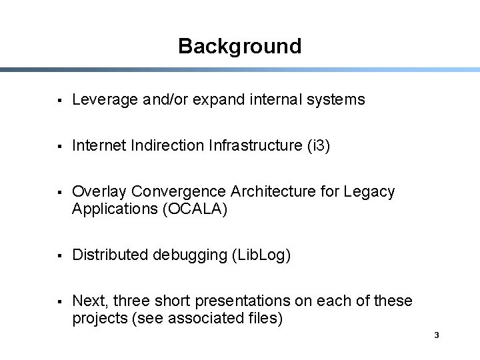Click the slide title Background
tap(239, 46)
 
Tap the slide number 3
tap(436, 335)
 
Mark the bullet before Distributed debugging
tap(60, 255)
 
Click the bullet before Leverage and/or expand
tap(60, 100)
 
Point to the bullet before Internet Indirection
tap(60, 146)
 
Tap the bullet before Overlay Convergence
tap(60, 192)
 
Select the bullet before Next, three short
tap(60, 301)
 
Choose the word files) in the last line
tap(264, 319)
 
